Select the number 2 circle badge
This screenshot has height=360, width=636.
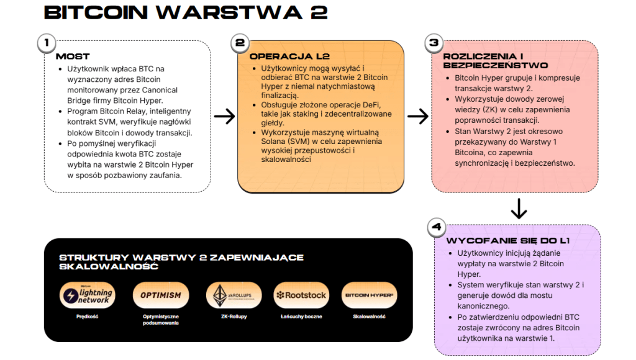coord(239,43)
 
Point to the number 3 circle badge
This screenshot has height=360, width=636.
coord(434,43)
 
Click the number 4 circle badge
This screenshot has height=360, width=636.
coord(436,227)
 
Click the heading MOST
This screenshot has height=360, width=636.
coord(73,56)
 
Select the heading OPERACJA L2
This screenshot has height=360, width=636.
coord(280,56)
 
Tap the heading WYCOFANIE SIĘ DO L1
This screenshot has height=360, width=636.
coord(508,241)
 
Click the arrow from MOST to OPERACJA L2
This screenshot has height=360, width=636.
coord(224,116)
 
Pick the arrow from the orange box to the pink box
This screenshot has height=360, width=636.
coord(418,116)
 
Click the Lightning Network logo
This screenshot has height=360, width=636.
coord(88,295)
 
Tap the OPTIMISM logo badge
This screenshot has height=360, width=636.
coord(160,295)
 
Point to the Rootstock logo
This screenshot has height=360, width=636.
coord(301,295)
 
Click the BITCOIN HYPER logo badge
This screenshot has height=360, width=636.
coord(369,295)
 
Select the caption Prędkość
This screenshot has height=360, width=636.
coord(88,317)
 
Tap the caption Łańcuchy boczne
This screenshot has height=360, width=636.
coord(301,317)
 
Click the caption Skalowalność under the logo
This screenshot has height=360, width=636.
coord(369,317)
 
